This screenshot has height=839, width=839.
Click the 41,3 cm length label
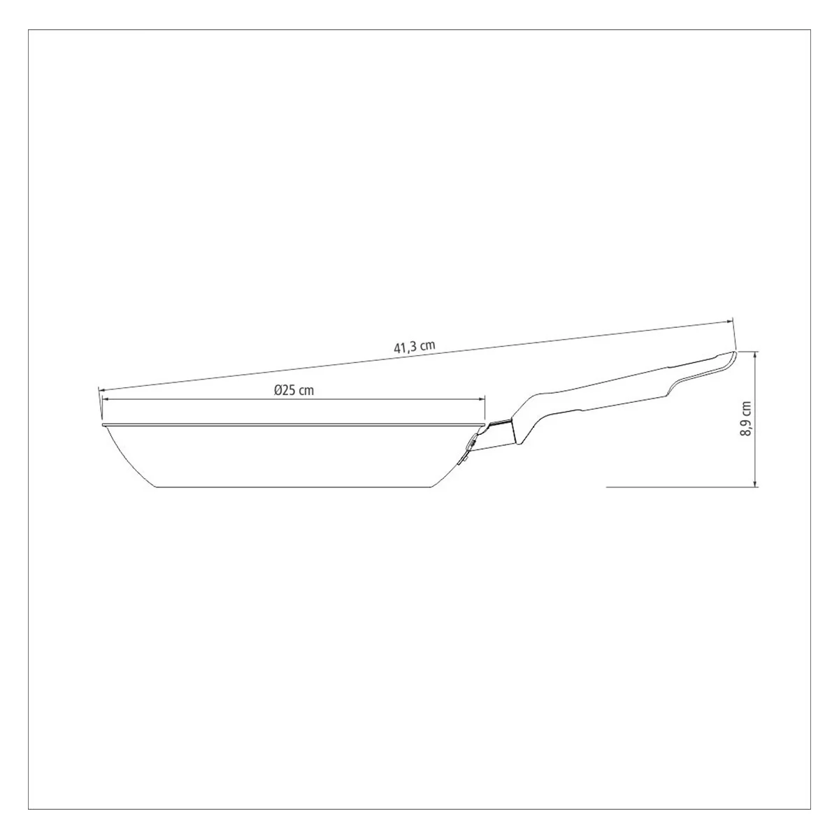(415, 347)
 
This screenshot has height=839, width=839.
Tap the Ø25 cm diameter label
(294, 390)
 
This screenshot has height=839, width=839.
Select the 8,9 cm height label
(747, 418)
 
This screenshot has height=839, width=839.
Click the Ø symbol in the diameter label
(279, 390)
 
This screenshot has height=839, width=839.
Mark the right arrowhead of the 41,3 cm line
(729, 322)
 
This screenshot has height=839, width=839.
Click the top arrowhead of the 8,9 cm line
(756, 355)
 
